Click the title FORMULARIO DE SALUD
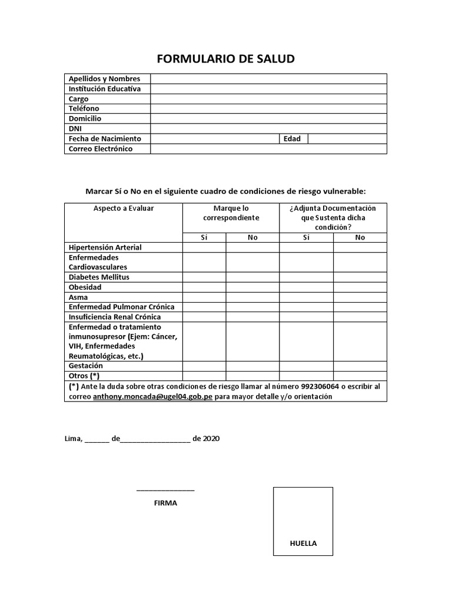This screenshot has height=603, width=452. click(x=225, y=59)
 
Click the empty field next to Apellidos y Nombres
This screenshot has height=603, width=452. click(x=268, y=79)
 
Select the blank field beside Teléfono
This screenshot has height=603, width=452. click(x=268, y=109)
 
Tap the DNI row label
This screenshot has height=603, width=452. click(x=75, y=128)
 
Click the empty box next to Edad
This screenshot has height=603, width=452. click(x=347, y=139)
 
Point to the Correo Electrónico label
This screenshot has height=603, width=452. click(x=101, y=149)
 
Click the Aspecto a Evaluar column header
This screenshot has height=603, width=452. click(x=124, y=208)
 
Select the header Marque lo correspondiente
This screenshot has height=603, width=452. click(x=231, y=213)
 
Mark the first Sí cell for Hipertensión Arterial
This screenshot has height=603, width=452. click(x=204, y=247)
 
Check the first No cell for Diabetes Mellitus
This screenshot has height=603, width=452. click(x=252, y=277)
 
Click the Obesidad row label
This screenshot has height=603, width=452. click(x=85, y=287)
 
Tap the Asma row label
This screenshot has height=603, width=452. click(x=78, y=297)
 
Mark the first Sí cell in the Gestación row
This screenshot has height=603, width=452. click(x=204, y=366)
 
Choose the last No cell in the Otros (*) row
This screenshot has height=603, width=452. click(x=360, y=376)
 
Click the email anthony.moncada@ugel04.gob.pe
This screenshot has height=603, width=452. click(x=152, y=396)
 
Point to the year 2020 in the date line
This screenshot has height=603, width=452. click(x=211, y=439)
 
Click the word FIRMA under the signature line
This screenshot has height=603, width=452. click(x=165, y=503)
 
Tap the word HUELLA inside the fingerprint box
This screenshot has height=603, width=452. click(x=303, y=543)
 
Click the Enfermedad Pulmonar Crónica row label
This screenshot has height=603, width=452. click(x=121, y=307)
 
